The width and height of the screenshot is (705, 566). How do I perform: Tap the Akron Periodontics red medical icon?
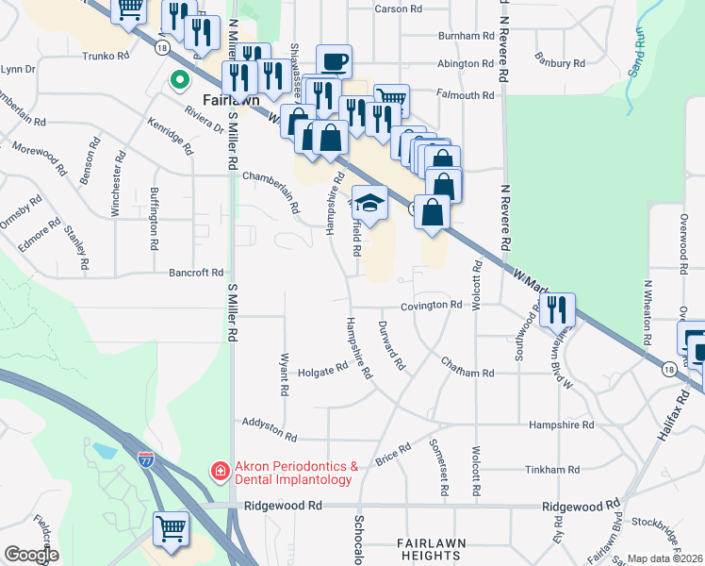point(219,470)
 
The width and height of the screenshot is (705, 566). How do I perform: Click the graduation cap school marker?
point(370,202)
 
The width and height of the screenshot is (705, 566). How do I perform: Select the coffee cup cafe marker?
point(334,61)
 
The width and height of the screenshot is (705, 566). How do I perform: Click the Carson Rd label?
point(398,8)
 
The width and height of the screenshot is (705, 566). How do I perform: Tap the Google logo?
point(31,556)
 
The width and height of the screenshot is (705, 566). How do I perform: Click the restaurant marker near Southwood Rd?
point(557,309)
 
